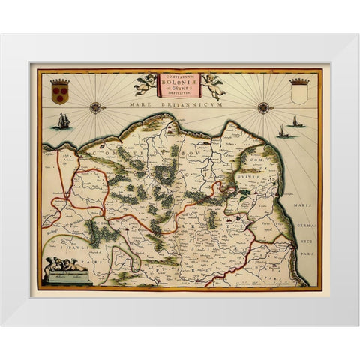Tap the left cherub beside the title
[145, 82]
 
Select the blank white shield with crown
[298, 93]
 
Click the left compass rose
[95, 107]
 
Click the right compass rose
[264, 107]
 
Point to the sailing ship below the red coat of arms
[63, 121]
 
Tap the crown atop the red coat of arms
[60, 79]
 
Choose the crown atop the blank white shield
[298, 81]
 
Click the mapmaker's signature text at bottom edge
[259, 283]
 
